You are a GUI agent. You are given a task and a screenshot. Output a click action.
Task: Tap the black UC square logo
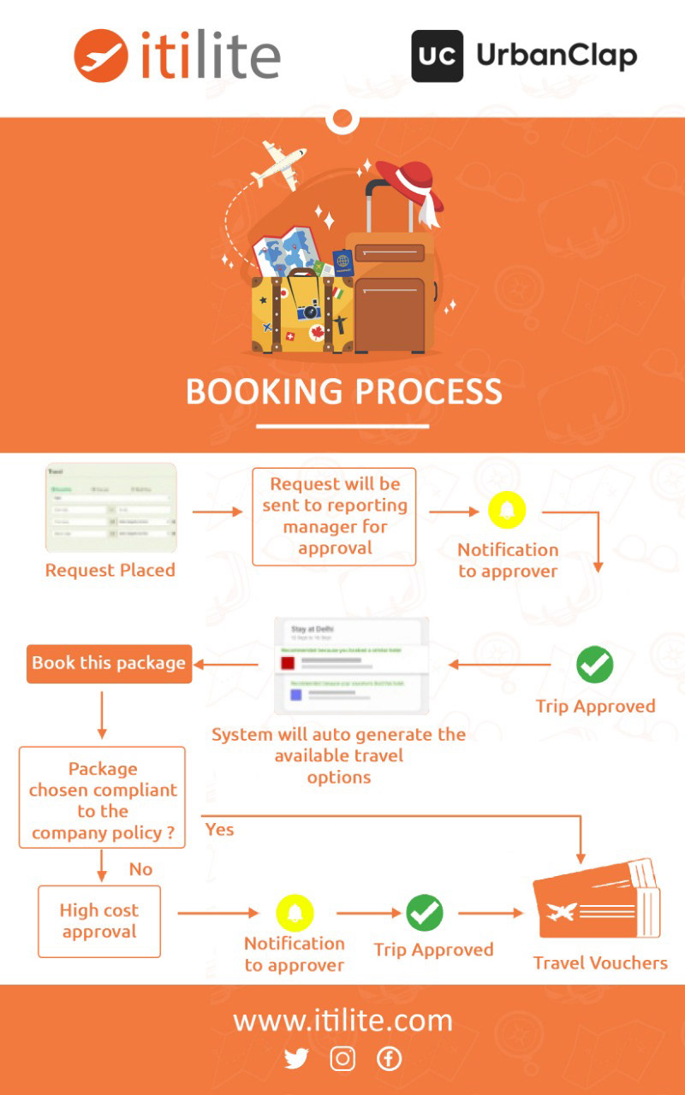[x=437, y=56]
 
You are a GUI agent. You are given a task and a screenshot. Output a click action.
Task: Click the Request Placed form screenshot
[x=110, y=508]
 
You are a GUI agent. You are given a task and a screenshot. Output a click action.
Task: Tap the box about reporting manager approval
[x=334, y=516]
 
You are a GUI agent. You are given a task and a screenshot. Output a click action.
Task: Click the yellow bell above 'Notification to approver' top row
[x=507, y=511]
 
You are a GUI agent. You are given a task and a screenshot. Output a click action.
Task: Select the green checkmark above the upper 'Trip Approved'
[x=594, y=665]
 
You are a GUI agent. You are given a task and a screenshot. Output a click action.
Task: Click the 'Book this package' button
[x=109, y=663]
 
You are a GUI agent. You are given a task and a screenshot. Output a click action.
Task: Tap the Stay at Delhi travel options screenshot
[x=351, y=665]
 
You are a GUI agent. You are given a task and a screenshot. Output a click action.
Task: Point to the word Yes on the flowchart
[x=219, y=829]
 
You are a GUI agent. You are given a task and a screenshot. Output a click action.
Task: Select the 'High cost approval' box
[x=99, y=920]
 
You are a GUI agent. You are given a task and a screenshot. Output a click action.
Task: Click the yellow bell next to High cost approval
[x=295, y=913]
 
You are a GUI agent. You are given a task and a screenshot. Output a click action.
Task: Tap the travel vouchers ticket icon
[x=597, y=903]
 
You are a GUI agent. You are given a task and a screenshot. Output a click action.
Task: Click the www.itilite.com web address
[x=342, y=1021]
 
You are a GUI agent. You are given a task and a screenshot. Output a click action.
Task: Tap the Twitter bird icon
[x=296, y=1059]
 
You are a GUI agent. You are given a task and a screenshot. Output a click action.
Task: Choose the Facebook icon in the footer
[x=389, y=1059]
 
